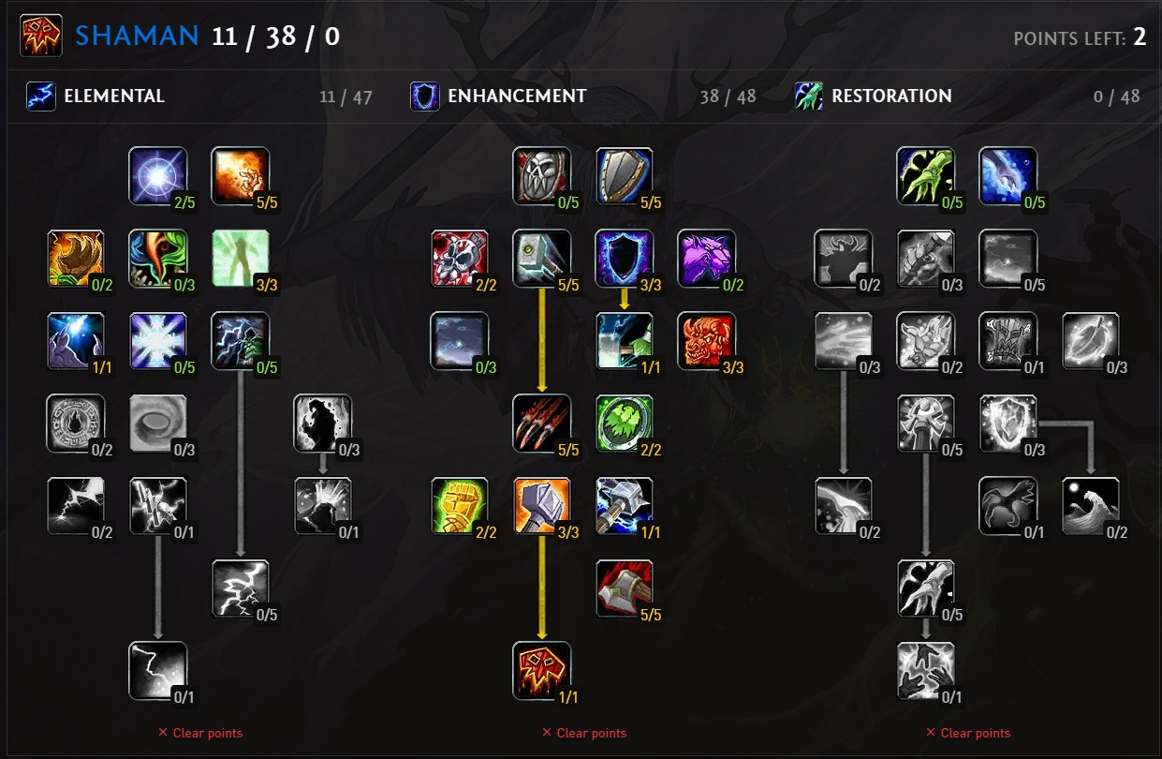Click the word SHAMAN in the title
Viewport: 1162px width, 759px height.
[137, 37]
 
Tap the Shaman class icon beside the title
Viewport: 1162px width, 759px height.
[40, 37]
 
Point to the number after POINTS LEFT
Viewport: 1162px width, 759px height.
[1140, 37]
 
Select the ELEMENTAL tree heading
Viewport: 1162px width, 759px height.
[113, 96]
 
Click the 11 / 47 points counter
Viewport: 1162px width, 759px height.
[346, 97]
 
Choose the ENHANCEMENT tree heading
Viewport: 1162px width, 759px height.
[517, 96]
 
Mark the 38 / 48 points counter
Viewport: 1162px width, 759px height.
[728, 97]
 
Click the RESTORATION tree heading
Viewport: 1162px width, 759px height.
[891, 96]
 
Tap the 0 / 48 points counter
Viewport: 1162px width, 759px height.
[1117, 97]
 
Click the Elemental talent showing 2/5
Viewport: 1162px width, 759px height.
[157, 176]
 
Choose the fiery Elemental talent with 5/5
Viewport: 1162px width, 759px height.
[241, 176]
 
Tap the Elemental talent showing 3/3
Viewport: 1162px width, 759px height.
[241, 259]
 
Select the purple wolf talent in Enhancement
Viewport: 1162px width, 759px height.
[706, 259]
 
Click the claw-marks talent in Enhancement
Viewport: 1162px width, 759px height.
[541, 424]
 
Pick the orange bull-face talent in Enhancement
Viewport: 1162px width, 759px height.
[706, 341]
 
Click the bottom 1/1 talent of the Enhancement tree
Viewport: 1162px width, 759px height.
[541, 671]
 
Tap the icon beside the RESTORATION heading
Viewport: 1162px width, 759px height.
[809, 96]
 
